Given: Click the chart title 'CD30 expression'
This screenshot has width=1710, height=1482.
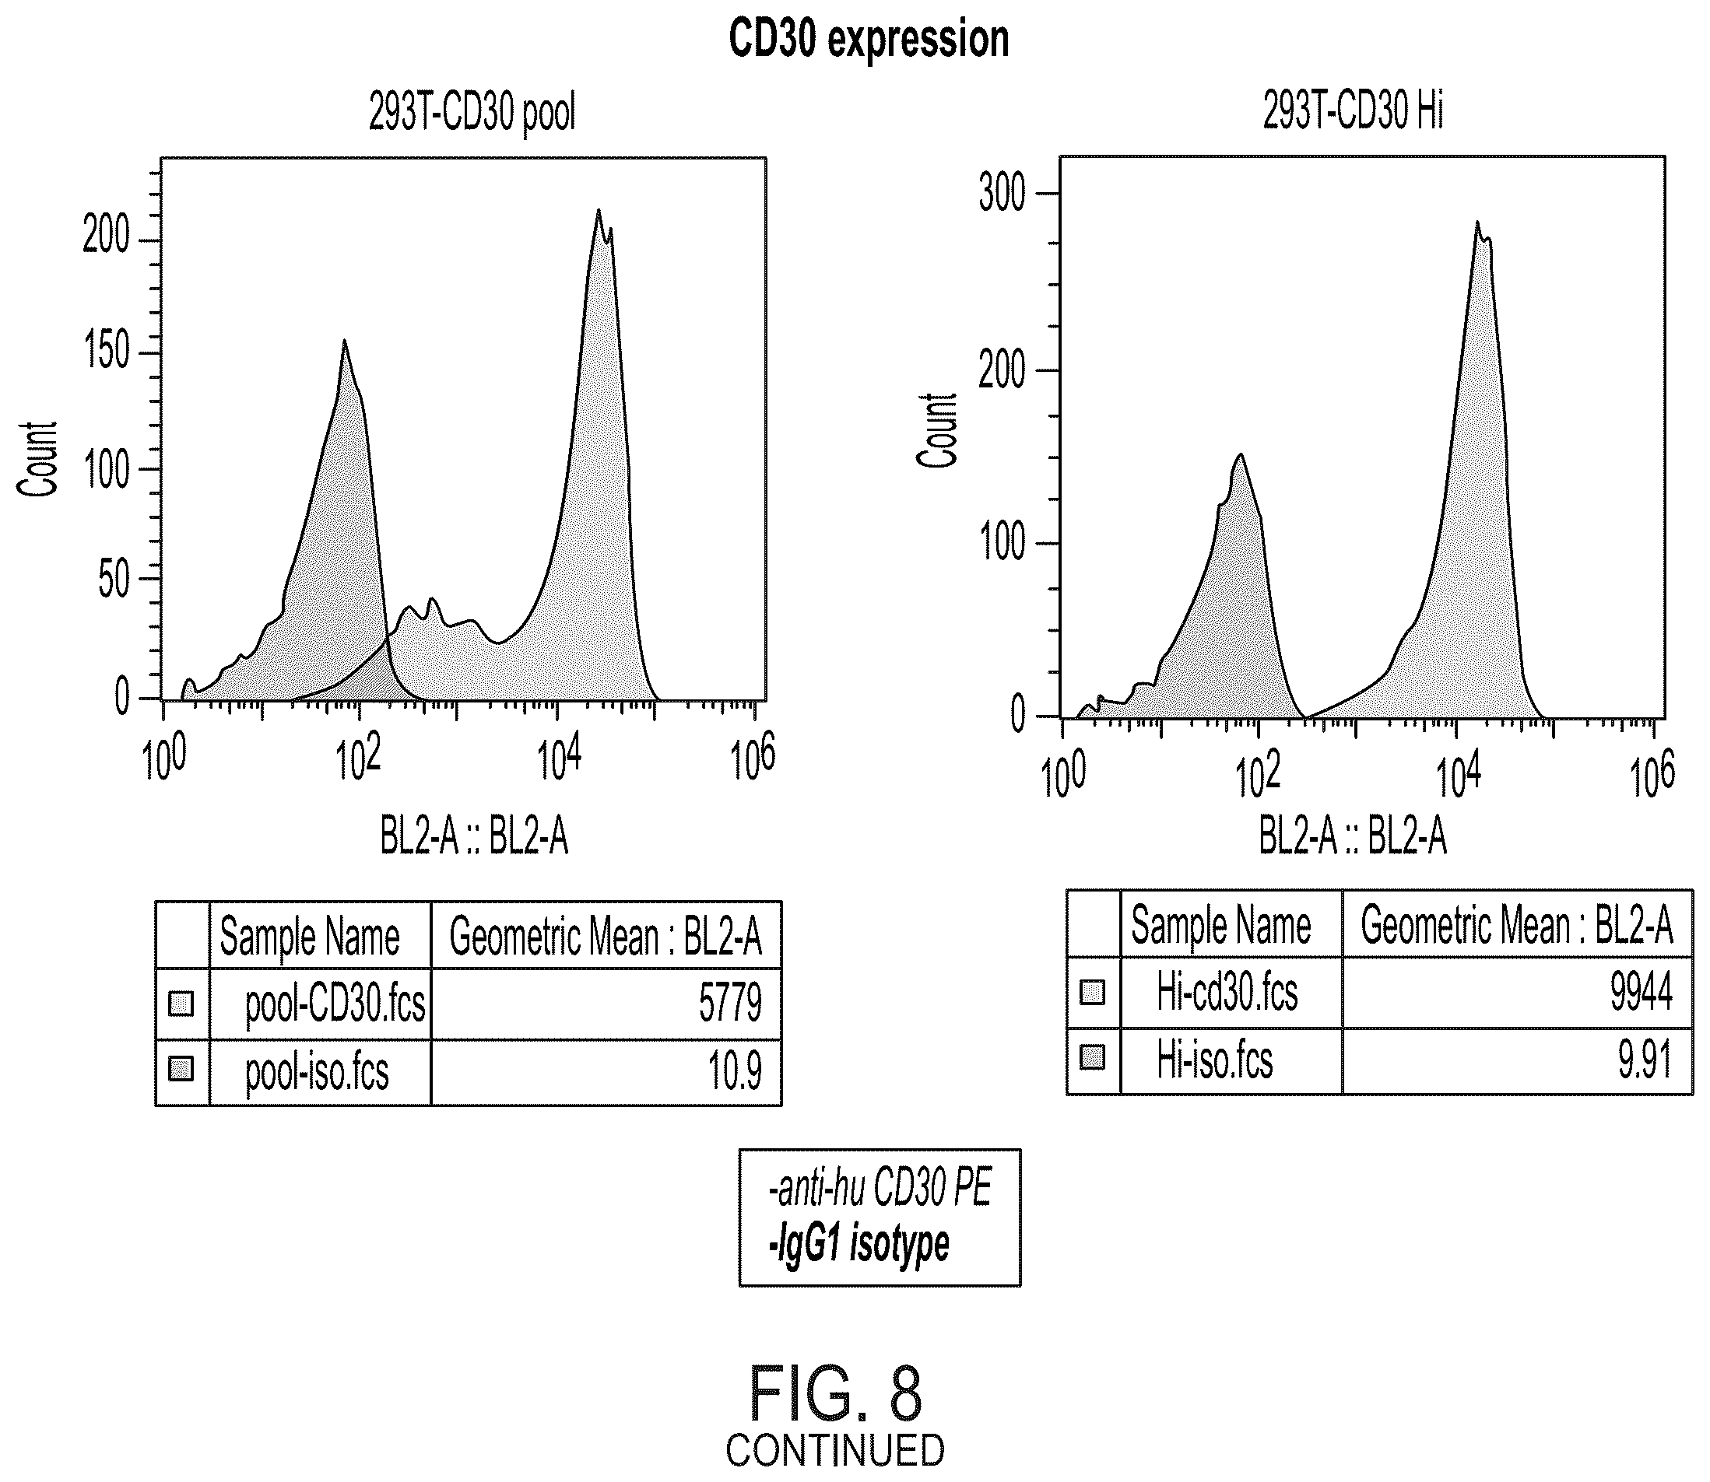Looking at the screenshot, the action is click(869, 39).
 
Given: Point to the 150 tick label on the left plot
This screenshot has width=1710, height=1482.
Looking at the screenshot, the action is click(107, 351).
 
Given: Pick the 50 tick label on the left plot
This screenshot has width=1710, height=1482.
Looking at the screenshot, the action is click(115, 579).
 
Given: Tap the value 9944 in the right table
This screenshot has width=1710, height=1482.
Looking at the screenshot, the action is click(1642, 993).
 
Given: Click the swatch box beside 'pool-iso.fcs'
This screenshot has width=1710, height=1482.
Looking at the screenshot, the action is click(181, 1070).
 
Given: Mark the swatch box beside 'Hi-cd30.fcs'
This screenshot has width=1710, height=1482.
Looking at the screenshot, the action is click(1093, 992).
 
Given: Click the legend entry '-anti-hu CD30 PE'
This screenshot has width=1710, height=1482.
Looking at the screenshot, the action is click(880, 1189).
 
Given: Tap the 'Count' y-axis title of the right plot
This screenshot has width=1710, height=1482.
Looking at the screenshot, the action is click(937, 430).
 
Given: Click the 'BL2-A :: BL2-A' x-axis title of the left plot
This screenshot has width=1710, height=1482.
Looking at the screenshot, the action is click(474, 836).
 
